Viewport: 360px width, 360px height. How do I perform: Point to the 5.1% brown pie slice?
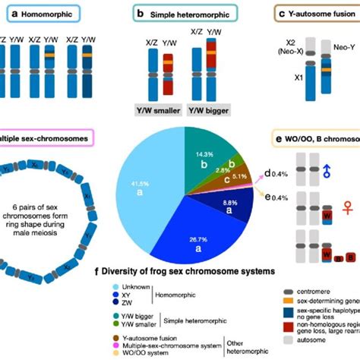tap(237, 176)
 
